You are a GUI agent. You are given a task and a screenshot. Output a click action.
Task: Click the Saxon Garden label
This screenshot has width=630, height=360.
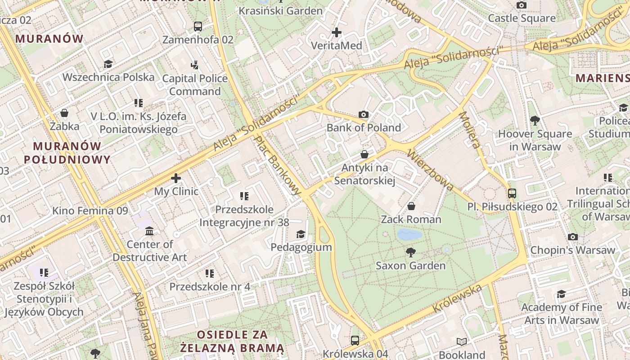(410, 265)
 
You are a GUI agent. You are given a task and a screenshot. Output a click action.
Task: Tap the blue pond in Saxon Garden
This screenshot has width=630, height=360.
(410, 234)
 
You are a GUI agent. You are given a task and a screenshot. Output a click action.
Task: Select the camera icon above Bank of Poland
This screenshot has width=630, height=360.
(364, 115)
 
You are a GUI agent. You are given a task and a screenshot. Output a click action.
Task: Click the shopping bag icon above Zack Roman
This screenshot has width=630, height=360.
(411, 207)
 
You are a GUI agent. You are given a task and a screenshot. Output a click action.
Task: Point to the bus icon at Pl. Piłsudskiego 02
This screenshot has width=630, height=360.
(512, 193)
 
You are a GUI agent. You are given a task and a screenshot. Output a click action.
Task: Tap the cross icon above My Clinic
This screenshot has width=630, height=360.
(176, 178)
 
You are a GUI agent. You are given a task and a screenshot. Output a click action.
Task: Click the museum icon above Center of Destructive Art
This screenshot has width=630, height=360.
(149, 231)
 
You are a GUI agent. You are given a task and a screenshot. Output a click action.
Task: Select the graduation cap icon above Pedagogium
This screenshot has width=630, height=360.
(301, 234)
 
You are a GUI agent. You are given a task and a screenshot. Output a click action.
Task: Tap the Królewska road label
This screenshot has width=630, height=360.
(457, 299)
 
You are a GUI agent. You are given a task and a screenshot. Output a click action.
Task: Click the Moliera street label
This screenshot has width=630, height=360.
(470, 130)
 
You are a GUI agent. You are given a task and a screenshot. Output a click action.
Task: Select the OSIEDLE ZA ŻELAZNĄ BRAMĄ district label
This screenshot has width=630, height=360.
(232, 341)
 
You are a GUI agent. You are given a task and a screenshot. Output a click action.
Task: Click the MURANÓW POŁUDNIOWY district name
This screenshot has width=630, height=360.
(67, 153)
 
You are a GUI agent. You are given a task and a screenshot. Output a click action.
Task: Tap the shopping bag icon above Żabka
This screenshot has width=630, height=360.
(64, 113)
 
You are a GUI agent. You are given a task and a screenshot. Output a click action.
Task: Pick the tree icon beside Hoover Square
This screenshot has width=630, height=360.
(535, 121)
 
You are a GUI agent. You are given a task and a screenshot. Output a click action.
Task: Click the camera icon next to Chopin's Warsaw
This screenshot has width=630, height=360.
(572, 237)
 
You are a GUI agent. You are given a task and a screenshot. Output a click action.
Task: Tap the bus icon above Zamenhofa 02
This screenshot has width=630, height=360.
(198, 27)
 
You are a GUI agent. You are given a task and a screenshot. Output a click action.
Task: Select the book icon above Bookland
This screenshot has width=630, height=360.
(461, 342)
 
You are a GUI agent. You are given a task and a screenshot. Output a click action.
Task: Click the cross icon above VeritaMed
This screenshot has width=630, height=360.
(336, 32)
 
